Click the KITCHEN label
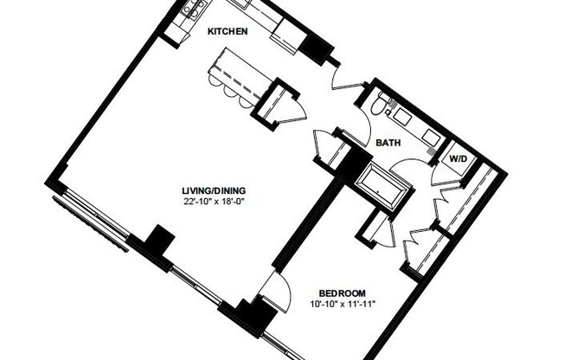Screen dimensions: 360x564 pyautogui.click(x=228, y=32)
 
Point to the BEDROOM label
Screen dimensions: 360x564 pyautogui.click(x=342, y=292)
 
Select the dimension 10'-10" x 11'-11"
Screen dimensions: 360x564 pyautogui.click(x=342, y=304)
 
